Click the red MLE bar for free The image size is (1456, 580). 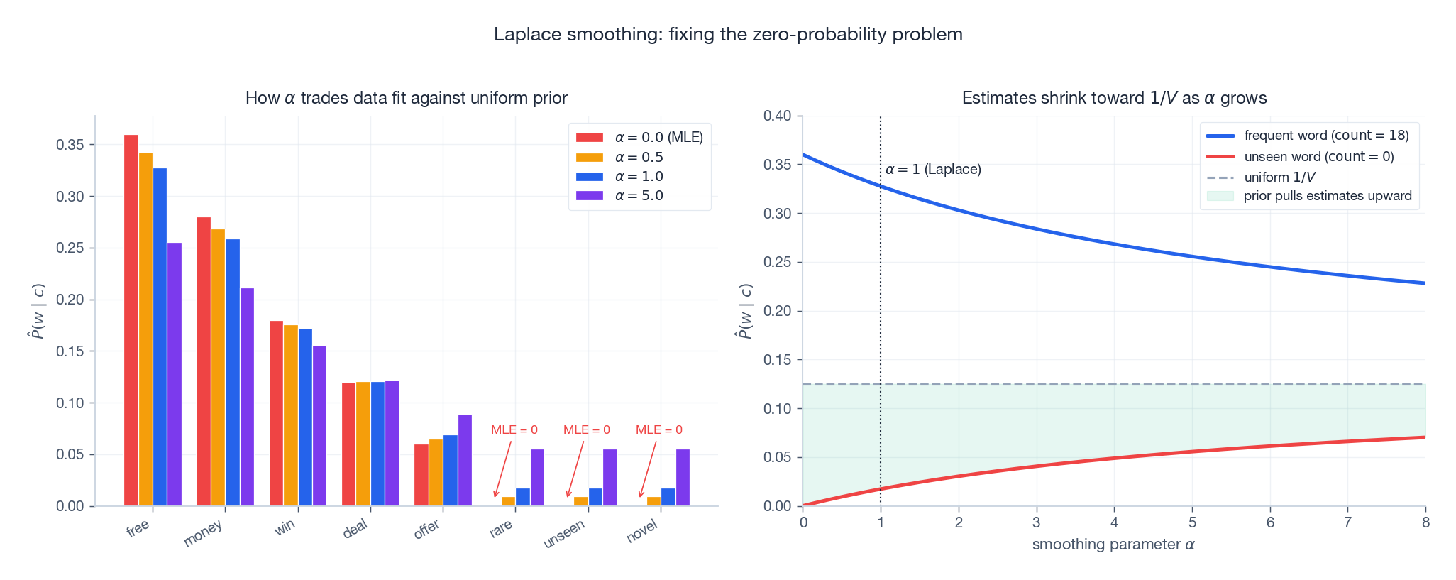[x=131, y=320]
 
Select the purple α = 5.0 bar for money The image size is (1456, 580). [x=247, y=397]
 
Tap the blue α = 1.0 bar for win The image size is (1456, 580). [x=305, y=417]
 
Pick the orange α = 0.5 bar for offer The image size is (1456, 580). [x=436, y=473]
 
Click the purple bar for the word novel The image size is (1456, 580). [x=683, y=478]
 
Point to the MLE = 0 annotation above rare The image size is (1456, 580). [x=514, y=430]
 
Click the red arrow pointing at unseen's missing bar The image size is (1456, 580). [x=575, y=469]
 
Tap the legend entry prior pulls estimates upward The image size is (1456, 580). [x=1309, y=196]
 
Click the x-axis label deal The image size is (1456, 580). [x=355, y=528]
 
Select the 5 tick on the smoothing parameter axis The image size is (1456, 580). [x=1192, y=523]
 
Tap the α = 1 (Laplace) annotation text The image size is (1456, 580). [x=933, y=170]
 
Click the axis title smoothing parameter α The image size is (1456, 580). [x=1113, y=545]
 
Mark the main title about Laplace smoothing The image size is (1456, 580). [x=728, y=34]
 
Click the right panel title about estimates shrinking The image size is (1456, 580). [x=1114, y=98]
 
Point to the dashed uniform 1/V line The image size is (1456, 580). [x=1114, y=385]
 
